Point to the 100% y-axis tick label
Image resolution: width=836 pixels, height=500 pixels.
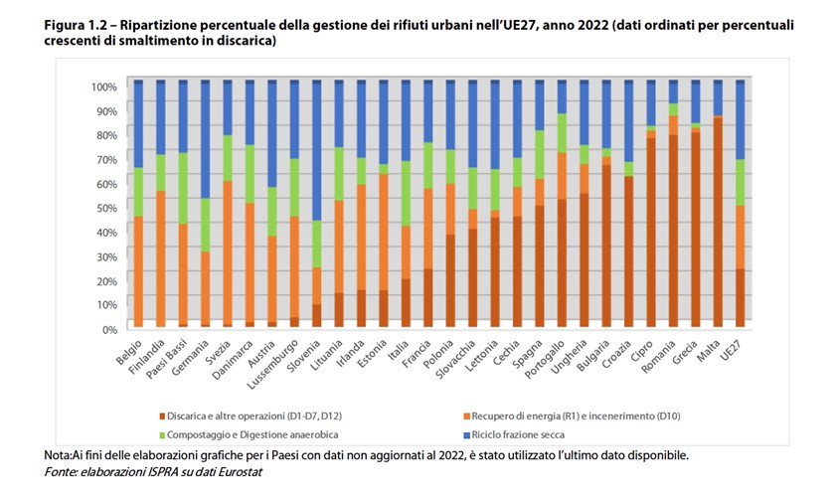[102, 86]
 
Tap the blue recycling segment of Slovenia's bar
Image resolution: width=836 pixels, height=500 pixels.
[316, 149]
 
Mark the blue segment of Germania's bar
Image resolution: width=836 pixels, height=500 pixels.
[205, 139]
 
